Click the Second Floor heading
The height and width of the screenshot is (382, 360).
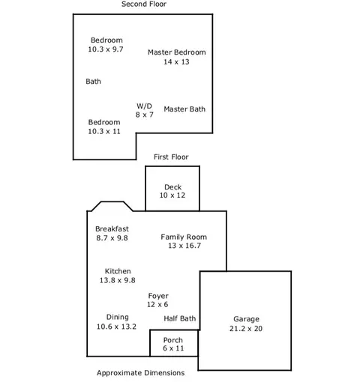(144, 4)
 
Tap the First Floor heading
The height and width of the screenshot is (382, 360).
(171, 157)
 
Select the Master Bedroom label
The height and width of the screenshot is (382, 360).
(177, 52)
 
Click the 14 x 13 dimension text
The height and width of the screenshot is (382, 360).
(176, 62)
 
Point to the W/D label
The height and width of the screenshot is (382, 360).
(144, 106)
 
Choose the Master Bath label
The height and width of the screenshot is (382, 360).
(184, 109)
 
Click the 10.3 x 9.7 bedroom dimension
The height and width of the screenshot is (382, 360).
(106, 49)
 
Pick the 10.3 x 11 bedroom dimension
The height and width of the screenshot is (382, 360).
(104, 131)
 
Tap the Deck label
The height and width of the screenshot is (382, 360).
(172, 187)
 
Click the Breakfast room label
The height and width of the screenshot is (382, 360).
(112, 229)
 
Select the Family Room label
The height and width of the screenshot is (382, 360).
(184, 237)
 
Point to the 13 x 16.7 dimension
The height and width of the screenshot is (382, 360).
(184, 246)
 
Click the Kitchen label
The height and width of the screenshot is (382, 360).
(118, 271)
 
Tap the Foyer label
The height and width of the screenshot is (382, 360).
(158, 296)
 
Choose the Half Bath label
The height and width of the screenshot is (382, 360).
(180, 318)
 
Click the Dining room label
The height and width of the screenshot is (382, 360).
(118, 318)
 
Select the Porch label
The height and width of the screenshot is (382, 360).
(173, 340)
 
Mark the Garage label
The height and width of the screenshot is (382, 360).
(246, 319)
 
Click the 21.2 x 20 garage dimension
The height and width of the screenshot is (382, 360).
(246, 329)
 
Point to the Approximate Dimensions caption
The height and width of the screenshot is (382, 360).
(140, 373)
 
